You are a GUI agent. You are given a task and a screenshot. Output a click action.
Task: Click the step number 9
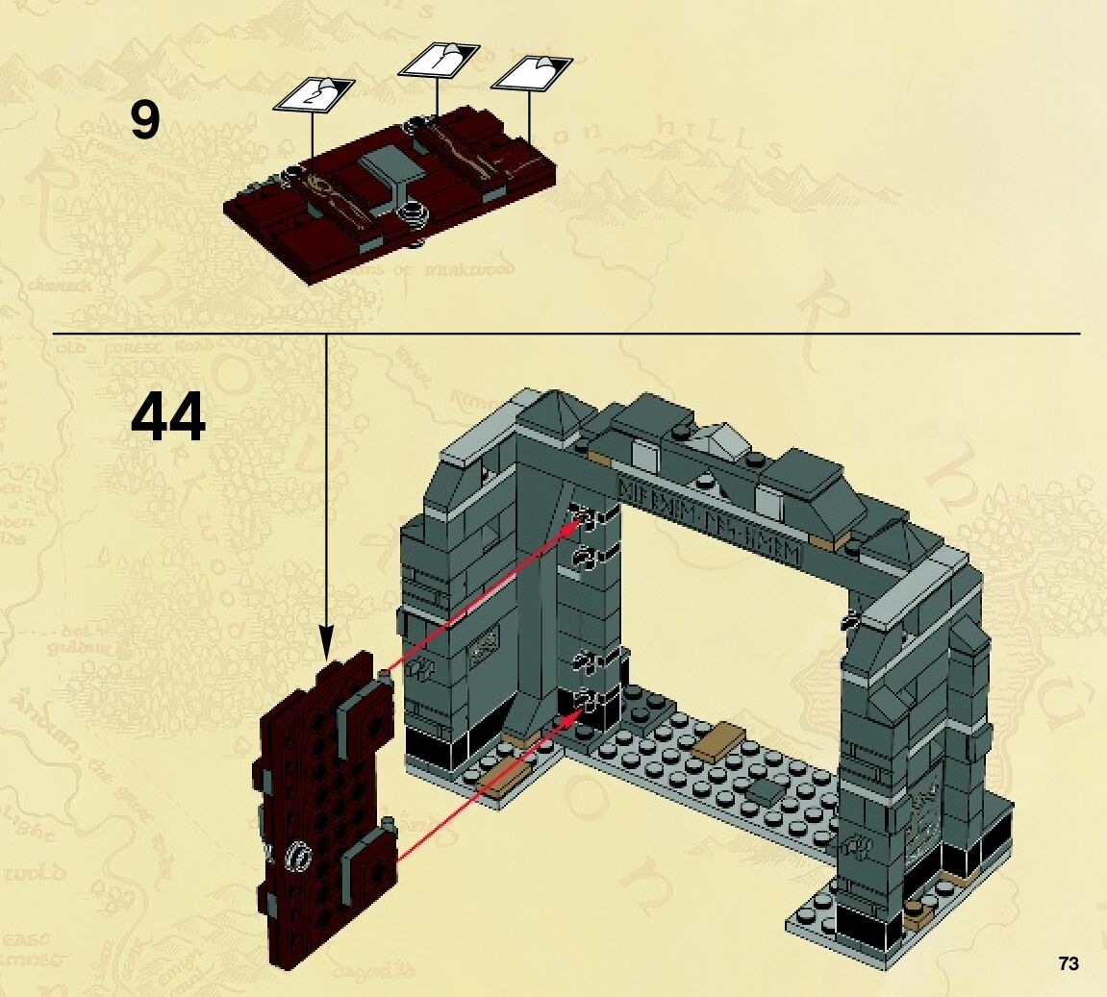[145, 121]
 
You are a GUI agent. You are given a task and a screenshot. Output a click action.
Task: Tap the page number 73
[1068, 963]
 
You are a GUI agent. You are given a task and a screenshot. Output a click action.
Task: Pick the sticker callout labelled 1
[439, 60]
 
